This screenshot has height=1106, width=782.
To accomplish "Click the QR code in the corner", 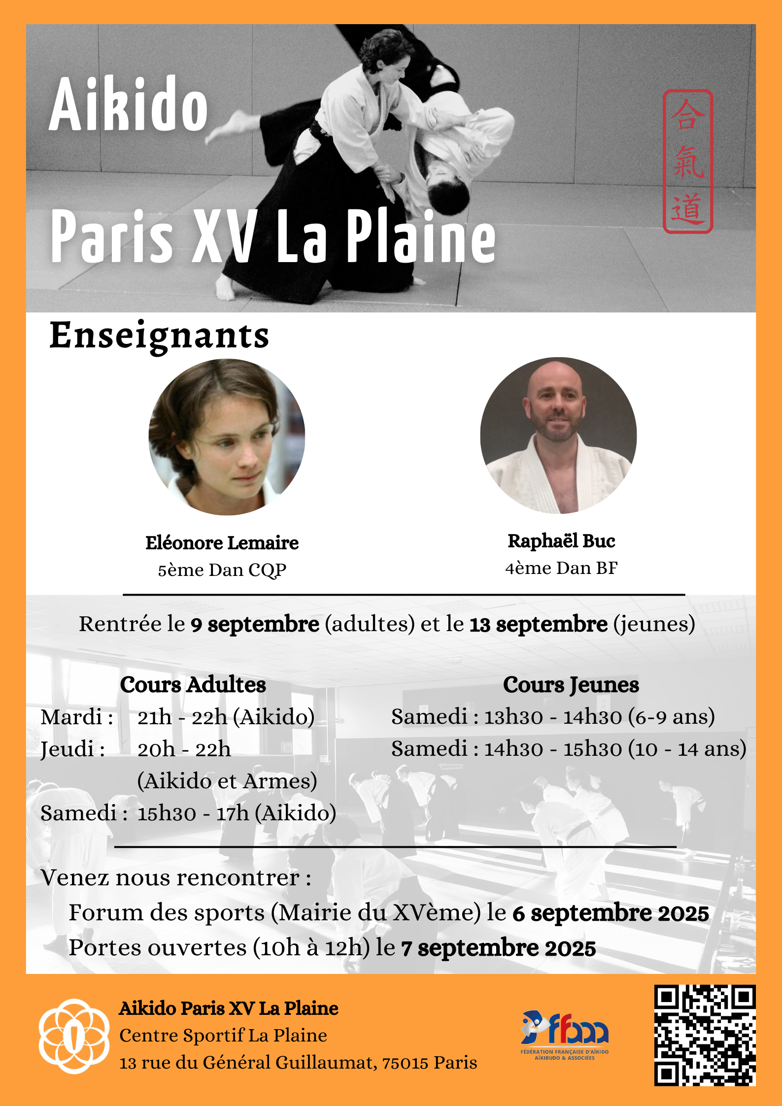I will coord(705,1035).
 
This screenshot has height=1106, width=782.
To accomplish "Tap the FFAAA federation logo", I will coord(565,1034).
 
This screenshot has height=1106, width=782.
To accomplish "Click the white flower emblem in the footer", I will coord(74,1036).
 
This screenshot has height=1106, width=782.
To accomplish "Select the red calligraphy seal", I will coord(688,161).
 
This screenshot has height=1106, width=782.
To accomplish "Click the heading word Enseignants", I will coord(159,335).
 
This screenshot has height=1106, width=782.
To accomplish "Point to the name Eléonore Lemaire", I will coord(222,543).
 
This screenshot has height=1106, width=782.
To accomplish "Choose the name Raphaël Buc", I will coord(561,541).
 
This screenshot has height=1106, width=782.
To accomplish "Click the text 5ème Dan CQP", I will coord(222,570).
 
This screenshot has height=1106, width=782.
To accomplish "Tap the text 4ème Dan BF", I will coord(561,568).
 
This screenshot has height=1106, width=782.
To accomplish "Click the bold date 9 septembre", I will coord(255,624).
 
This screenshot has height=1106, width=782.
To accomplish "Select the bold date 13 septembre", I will coord(539,624).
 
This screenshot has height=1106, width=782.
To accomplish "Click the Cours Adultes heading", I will coord(193,685).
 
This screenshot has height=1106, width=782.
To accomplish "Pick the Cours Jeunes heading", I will coord(571,685).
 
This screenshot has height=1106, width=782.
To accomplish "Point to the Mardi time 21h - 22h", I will coord(182,717).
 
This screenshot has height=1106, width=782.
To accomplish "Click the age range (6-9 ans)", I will coord(672,717).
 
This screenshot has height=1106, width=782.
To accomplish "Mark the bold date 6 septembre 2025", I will coord(611,913).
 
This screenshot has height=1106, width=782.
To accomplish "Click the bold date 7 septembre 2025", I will coord(499,948).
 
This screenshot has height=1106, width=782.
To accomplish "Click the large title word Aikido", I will coord(129,105).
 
